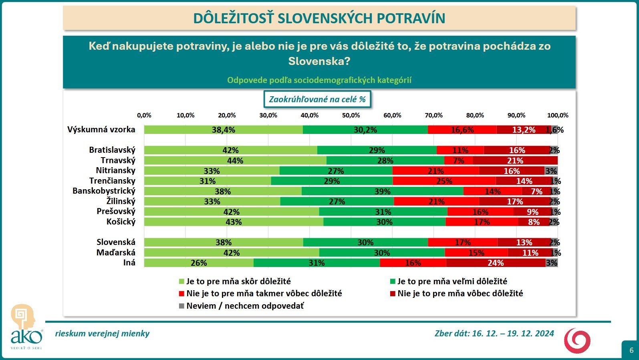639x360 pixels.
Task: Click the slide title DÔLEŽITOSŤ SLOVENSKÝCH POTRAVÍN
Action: click(319, 18)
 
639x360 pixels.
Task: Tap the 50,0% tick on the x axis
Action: click(351, 115)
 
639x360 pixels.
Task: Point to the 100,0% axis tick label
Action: click(558, 115)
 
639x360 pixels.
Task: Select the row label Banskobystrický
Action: click(104, 191)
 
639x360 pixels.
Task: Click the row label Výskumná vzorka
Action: click(101, 129)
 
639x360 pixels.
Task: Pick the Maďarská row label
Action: click(116, 253)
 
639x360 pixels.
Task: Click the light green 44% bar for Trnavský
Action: click(235, 161)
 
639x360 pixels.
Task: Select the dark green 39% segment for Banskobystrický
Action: click(382, 191)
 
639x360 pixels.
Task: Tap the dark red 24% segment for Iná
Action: click(496, 263)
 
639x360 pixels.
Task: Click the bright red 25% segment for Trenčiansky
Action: click(444, 181)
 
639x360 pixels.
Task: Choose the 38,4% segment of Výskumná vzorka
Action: click(223, 130)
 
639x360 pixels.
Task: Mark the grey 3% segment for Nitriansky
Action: click(551, 171)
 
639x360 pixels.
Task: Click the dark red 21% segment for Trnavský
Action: click(515, 161)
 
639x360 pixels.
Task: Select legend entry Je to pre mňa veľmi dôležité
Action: click(452, 281)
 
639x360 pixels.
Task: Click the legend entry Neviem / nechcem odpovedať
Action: click(245, 306)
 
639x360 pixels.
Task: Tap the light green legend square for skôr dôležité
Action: click(181, 281)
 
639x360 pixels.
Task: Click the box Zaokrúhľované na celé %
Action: click(317, 99)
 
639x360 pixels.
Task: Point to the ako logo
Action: click(26, 327)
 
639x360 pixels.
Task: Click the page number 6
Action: click(631, 350)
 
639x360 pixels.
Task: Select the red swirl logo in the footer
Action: click(577, 340)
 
